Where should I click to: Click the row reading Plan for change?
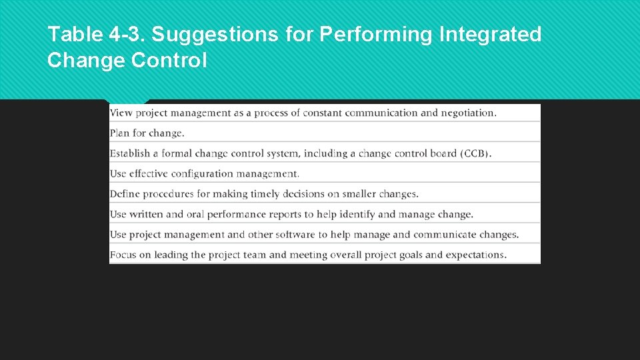point(147,133)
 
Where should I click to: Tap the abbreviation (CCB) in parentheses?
point(475,153)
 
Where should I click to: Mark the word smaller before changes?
point(359,194)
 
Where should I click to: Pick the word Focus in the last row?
point(123,255)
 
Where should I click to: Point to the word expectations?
point(475,255)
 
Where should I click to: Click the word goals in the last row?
point(409,255)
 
